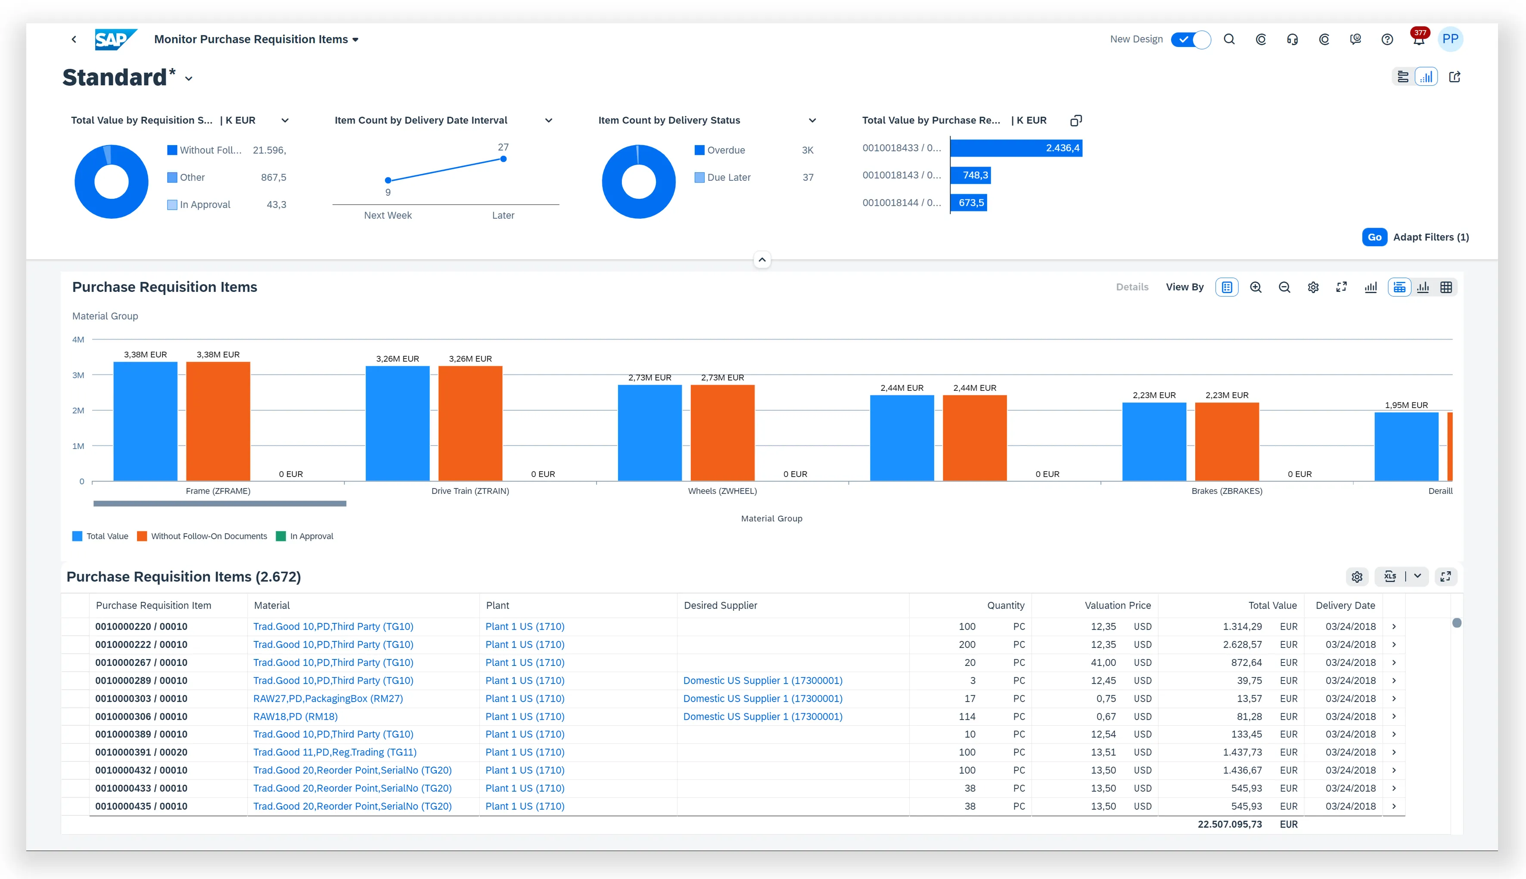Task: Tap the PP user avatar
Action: tap(1450, 39)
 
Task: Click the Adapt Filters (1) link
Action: tap(1430, 237)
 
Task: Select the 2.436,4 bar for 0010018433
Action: tap(1016, 148)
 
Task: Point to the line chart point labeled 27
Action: tap(503, 159)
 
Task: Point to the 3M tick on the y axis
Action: tap(78, 375)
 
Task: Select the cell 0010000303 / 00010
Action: tap(141, 699)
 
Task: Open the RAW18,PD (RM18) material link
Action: tap(295, 717)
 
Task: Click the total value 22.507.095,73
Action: tap(1230, 824)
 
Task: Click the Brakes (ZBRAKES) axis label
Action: tap(1227, 491)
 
